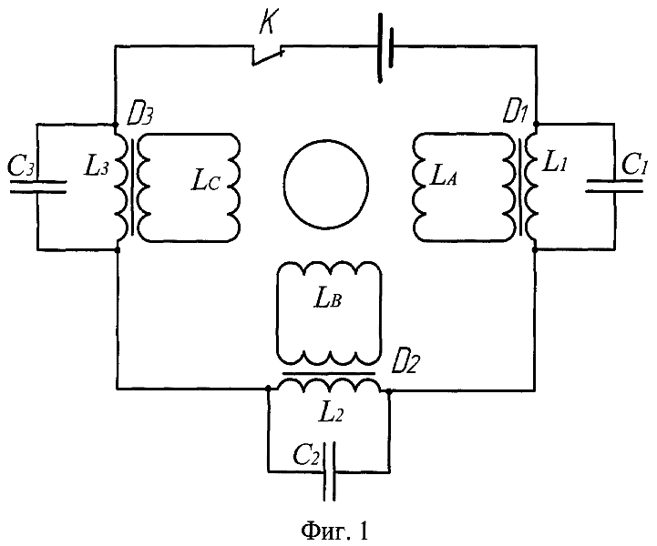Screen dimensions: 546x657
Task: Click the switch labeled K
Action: pos(269,56)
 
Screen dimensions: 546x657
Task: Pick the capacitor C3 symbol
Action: pos(37,186)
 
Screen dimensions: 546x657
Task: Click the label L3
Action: pos(97,167)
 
